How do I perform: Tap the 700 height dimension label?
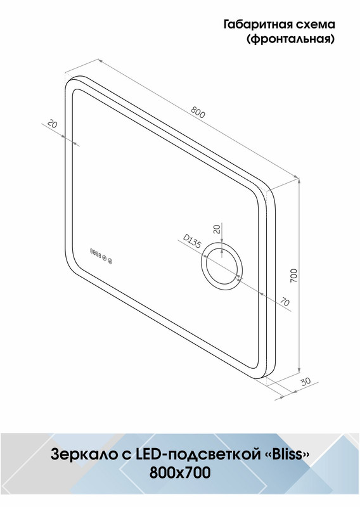point(293,276)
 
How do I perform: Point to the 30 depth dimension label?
point(305,382)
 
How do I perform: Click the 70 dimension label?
point(285,302)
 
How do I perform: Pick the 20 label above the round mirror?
point(217,229)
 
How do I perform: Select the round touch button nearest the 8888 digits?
point(104,258)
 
